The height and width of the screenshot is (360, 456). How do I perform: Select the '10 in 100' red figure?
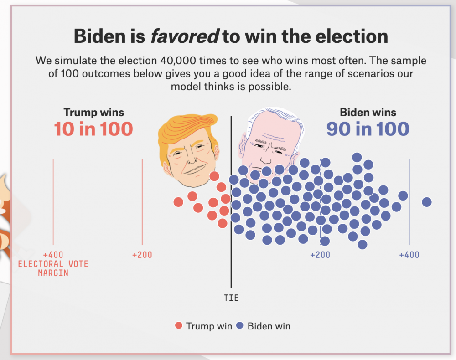tap(93, 129)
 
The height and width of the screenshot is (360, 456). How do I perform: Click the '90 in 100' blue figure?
tap(368, 129)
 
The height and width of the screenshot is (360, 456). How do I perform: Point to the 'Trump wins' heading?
tap(93, 112)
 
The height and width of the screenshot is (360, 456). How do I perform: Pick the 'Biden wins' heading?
tap(368, 112)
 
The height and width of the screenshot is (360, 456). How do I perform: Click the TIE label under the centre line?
tap(231, 298)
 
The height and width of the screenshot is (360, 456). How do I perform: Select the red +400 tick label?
tap(53, 255)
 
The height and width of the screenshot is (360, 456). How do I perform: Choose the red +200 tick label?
tap(142, 255)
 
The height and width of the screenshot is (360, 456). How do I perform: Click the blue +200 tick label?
tap(320, 255)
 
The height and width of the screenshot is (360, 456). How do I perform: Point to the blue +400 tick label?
tap(409, 255)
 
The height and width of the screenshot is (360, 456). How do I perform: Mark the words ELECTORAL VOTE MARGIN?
tap(53, 268)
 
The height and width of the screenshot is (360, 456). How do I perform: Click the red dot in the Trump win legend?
tap(179, 326)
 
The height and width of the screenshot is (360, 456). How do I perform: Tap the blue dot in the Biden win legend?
tap(240, 326)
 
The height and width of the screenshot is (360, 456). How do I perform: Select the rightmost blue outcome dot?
tap(427, 202)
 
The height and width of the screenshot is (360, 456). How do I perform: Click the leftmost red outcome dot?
tap(178, 201)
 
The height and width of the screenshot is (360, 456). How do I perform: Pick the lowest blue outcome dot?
tap(363, 245)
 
